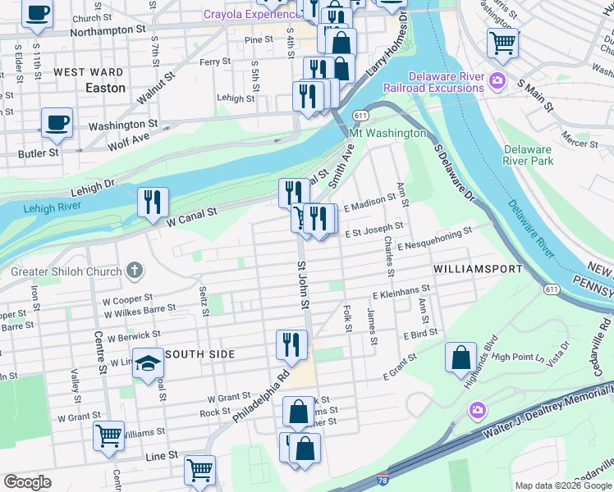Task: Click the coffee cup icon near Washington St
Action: point(57,122)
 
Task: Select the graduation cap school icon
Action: point(149,363)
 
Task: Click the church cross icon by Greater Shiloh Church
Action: point(135,271)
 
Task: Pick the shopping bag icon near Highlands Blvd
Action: point(460,357)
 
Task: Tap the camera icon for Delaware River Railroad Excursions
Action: point(497,81)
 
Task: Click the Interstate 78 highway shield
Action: point(390,481)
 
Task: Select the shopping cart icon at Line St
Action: point(199,470)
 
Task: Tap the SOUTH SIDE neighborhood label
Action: point(200,354)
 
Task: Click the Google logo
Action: point(27,482)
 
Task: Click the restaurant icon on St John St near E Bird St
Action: point(292,344)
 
